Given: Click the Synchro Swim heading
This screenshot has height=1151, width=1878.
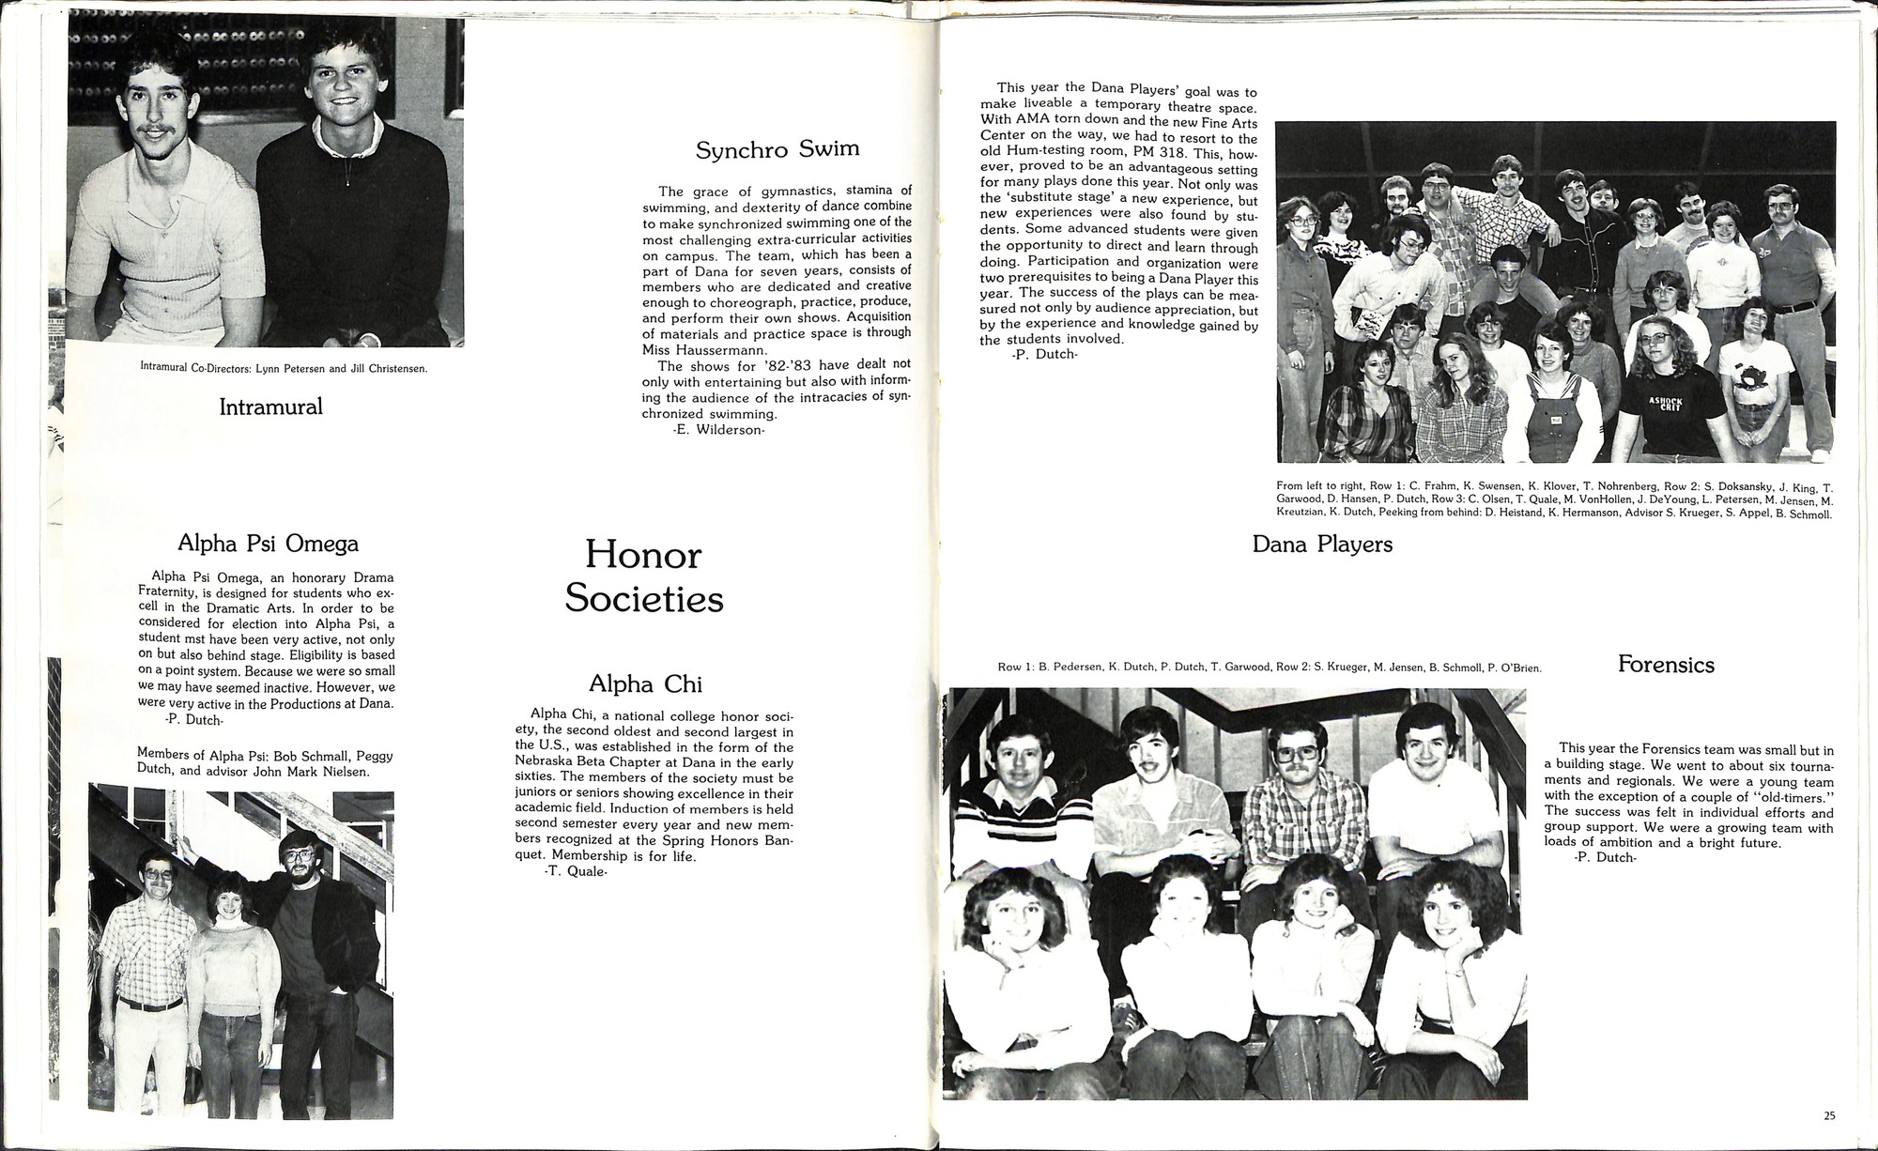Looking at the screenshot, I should point(777,150).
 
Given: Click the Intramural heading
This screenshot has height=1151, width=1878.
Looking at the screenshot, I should point(270,407).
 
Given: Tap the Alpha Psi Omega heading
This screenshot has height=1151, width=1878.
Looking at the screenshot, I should point(268,544).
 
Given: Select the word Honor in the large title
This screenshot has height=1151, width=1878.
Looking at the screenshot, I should point(643,555).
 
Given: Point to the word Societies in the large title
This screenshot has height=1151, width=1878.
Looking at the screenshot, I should point(643,598).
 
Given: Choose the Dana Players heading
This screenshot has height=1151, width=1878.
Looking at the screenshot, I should point(1322,545).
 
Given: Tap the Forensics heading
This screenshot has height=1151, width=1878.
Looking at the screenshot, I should point(1666,665).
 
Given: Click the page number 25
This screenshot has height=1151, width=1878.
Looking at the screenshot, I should point(1829,1116).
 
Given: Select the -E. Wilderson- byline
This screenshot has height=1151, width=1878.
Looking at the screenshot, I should point(719,430).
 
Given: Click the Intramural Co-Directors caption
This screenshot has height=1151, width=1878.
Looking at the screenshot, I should point(284,368).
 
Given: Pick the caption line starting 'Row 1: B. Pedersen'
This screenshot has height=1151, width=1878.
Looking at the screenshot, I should point(1270,668).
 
